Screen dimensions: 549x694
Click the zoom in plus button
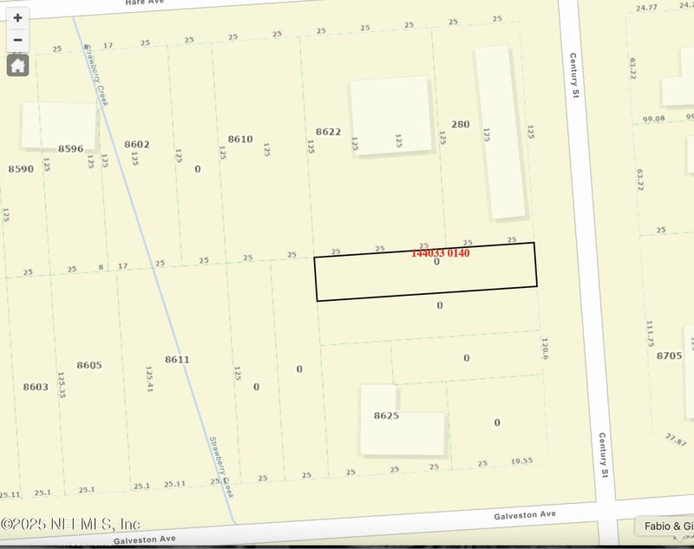pyautogui.click(x=17, y=17)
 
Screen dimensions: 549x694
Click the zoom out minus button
pyautogui.click(x=17, y=40)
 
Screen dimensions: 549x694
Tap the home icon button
pyautogui.click(x=17, y=65)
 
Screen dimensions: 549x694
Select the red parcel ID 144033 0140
pyautogui.click(x=440, y=253)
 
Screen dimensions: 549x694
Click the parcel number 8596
pyautogui.click(x=70, y=148)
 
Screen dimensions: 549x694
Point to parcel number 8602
pyautogui.click(x=137, y=145)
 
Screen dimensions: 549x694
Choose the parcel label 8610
pyautogui.click(x=240, y=139)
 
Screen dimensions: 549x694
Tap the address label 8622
pyautogui.click(x=328, y=132)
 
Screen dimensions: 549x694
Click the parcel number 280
pyautogui.click(x=460, y=124)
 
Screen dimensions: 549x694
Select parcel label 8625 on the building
pyautogui.click(x=386, y=415)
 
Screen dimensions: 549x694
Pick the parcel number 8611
pyautogui.click(x=177, y=359)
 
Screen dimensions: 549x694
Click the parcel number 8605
pyautogui.click(x=89, y=365)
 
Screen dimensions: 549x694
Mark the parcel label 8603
pyautogui.click(x=36, y=387)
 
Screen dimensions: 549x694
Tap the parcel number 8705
pyautogui.click(x=669, y=356)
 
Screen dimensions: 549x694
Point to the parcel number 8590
pyautogui.click(x=21, y=168)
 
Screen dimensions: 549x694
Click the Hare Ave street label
pyautogui.click(x=144, y=3)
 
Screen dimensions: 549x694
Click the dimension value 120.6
pyautogui.click(x=546, y=349)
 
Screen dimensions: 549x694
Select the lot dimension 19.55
pyautogui.click(x=522, y=462)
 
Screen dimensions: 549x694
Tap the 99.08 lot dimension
pyautogui.click(x=653, y=118)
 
